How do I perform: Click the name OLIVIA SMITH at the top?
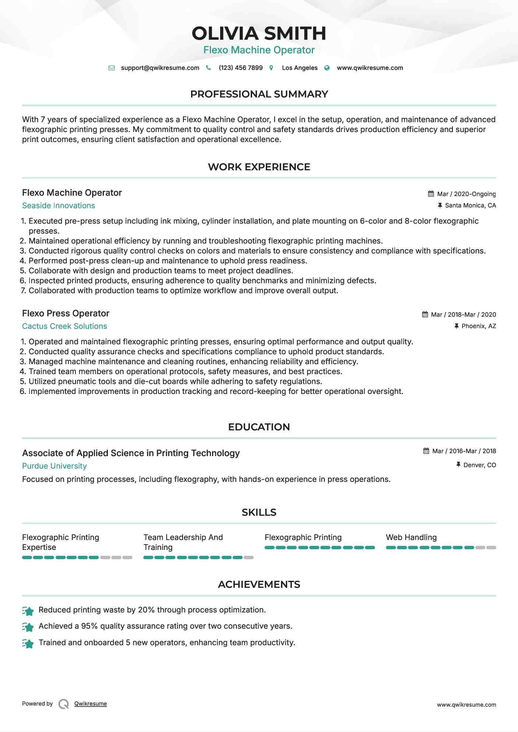click(x=259, y=33)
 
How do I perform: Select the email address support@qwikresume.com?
click(x=160, y=68)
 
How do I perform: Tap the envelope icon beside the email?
click(x=112, y=68)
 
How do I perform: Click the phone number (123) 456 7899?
click(x=240, y=68)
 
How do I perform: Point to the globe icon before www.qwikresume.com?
click(x=327, y=68)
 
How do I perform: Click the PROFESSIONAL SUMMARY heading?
click(x=259, y=94)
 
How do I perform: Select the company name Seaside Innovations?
click(x=59, y=206)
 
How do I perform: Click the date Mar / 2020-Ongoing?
click(x=466, y=194)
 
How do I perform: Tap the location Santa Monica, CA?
click(x=470, y=205)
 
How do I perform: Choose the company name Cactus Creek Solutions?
click(x=64, y=326)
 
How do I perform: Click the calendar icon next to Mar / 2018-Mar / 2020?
click(x=425, y=315)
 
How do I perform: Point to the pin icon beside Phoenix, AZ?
click(x=457, y=326)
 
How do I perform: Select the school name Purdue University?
click(x=54, y=466)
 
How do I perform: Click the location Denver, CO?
click(x=479, y=465)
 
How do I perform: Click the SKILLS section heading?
click(x=259, y=512)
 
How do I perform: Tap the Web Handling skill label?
click(x=411, y=537)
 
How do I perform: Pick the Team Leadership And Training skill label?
click(x=183, y=542)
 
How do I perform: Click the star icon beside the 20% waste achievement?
click(x=28, y=611)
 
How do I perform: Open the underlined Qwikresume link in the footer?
click(x=91, y=704)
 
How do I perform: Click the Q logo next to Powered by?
click(x=64, y=704)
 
